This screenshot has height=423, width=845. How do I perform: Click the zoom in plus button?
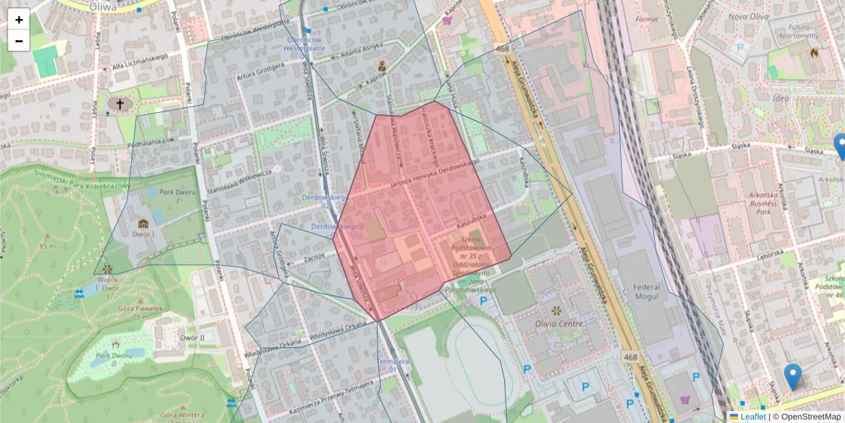click(x=19, y=19)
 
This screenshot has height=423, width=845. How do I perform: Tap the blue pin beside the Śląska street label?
click(x=841, y=146)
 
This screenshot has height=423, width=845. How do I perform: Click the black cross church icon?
click(x=120, y=105)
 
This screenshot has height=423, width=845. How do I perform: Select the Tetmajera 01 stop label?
click(x=393, y=364)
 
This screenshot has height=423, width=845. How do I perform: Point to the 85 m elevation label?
click(x=47, y=246)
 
